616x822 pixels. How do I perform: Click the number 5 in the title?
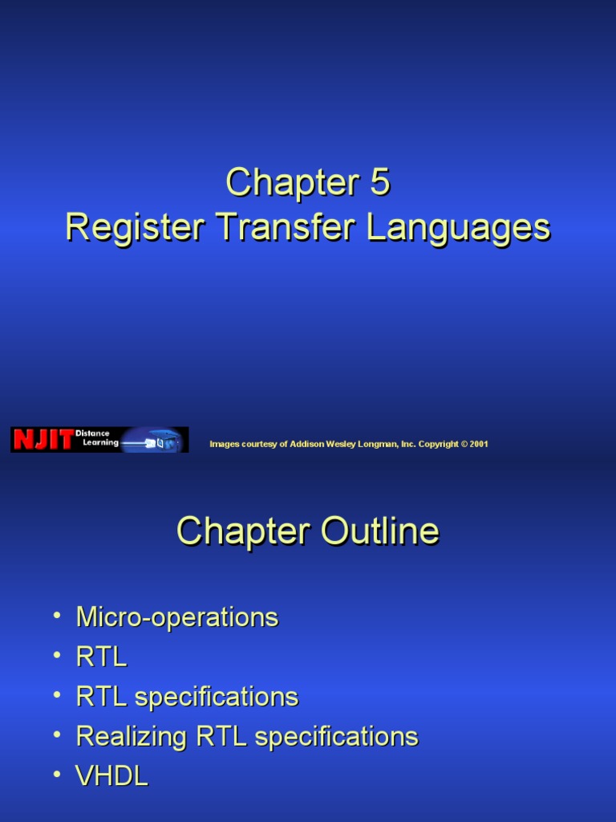point(379,183)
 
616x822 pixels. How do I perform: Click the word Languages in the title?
point(459,228)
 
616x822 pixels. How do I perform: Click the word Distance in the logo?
point(92,433)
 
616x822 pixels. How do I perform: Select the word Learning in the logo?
point(100,443)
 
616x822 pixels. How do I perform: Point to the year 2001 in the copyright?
point(479,444)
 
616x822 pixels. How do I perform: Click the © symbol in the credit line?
point(464,444)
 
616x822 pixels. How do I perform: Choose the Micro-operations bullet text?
point(176,617)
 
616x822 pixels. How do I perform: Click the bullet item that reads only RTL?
point(101,657)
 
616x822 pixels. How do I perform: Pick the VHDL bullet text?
point(111,776)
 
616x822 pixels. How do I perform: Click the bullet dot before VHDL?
point(57,774)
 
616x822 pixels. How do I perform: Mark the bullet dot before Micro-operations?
point(57,615)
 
